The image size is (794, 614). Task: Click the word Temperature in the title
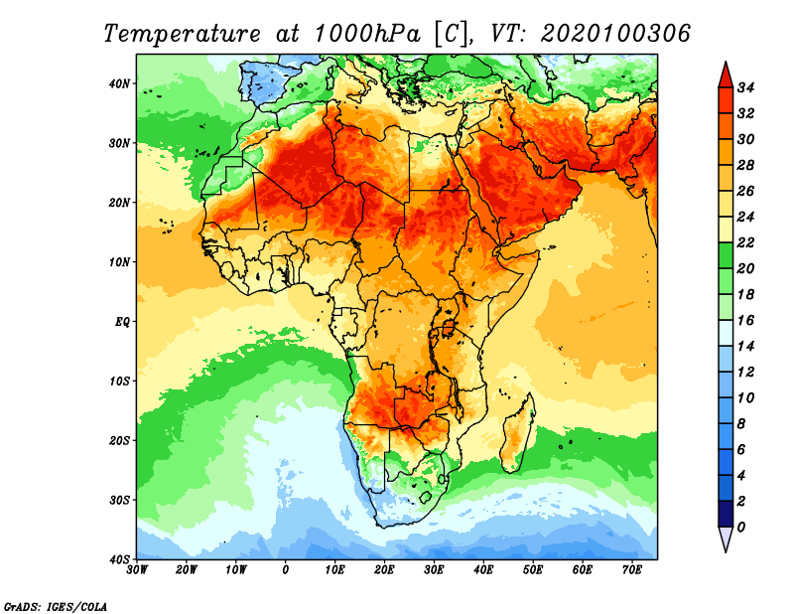[182, 34]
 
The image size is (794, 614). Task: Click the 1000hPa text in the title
[367, 34]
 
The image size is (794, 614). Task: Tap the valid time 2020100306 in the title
[615, 34]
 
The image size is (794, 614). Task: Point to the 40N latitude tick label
[119, 83]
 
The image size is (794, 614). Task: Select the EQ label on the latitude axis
[122, 322]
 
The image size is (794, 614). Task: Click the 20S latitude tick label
[119, 440]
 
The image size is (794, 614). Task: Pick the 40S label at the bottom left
[119, 559]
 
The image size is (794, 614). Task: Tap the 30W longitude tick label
[137, 570]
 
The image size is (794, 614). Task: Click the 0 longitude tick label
[286, 570]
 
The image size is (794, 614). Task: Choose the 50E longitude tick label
[533, 570]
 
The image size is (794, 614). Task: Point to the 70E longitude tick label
[631, 570]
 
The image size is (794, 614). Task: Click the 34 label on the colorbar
[745, 87]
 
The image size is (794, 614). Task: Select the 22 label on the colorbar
[745, 242]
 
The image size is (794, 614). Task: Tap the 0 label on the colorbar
[741, 528]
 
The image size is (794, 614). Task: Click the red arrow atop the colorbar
[726, 76]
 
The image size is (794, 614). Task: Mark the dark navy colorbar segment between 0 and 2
[726, 514]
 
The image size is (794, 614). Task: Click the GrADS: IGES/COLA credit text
[56, 606]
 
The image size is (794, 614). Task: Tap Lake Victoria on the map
[448, 328]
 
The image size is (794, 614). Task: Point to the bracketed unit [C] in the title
[452, 34]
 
